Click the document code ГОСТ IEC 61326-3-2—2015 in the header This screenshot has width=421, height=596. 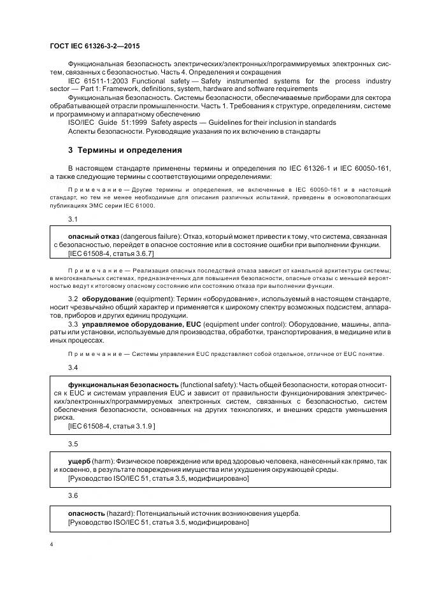(96, 47)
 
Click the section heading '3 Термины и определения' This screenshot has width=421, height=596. (125, 150)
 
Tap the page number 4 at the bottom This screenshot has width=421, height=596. (52, 545)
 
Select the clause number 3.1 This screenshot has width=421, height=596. (73, 219)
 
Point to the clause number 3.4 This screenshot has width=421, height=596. (73, 368)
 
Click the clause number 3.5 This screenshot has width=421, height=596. (73, 443)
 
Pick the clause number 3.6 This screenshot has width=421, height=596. (73, 494)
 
